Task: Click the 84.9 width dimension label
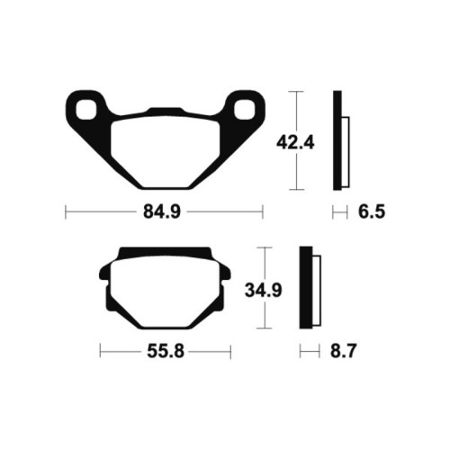point(162,211)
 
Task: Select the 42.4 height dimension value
point(295,142)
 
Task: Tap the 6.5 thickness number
point(372,211)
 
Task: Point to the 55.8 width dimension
point(166,351)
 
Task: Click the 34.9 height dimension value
point(264,291)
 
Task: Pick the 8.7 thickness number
point(344,351)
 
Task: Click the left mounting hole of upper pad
point(86,110)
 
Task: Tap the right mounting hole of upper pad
point(245,110)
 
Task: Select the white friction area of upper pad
point(166,152)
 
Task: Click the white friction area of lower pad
point(166,292)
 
